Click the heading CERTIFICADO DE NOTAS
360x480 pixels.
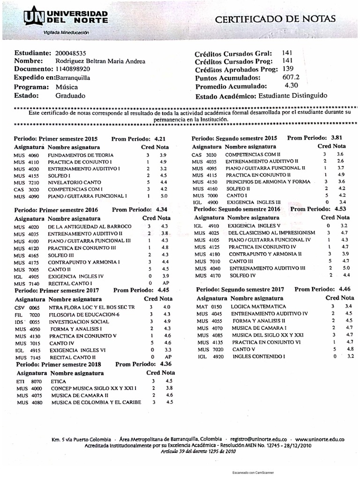tap(275, 19)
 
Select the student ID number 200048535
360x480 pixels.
tap(71, 53)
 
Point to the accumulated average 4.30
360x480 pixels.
tap(291, 86)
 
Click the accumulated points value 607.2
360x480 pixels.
tap(291, 77)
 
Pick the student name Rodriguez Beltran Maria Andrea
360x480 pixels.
tap(100, 61)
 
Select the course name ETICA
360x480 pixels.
tap(59, 381)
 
